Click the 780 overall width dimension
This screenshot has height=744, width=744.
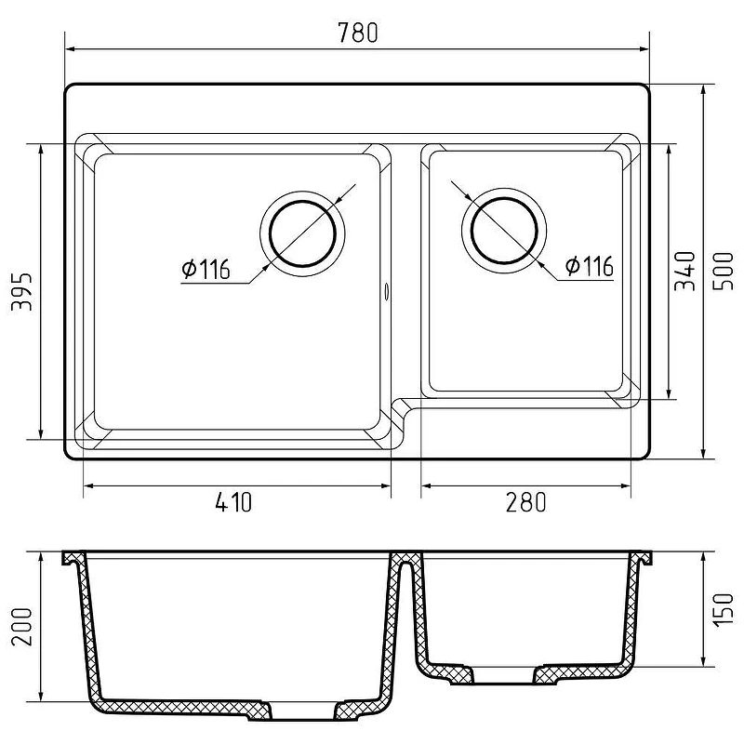358,33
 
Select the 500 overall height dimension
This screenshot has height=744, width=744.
724,271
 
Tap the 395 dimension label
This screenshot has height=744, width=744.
21,291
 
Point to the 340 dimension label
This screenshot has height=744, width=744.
684,271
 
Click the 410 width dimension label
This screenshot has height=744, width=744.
233,502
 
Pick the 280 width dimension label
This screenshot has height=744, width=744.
526,502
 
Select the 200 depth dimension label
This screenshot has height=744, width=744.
21,626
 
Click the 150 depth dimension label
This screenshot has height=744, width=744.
724,610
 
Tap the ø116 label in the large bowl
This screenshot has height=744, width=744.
206,269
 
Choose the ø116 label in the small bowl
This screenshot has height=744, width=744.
590,266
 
